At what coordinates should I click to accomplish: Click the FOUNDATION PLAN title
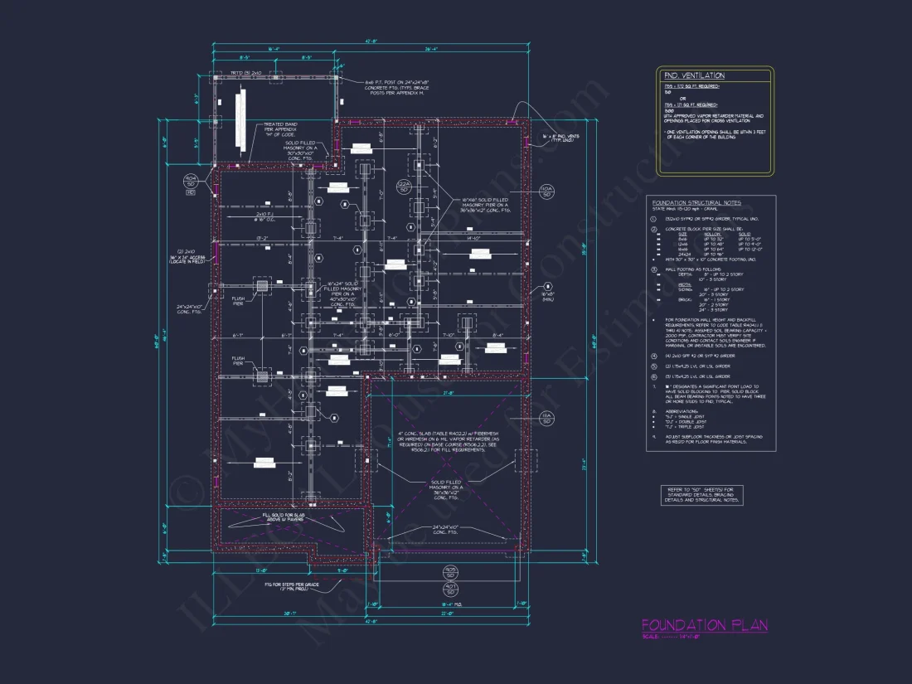[x=705, y=625]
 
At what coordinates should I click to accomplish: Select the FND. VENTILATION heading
[x=694, y=75]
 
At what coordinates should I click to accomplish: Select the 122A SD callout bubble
[x=404, y=187]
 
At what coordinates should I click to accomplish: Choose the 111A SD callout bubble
[x=547, y=418]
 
